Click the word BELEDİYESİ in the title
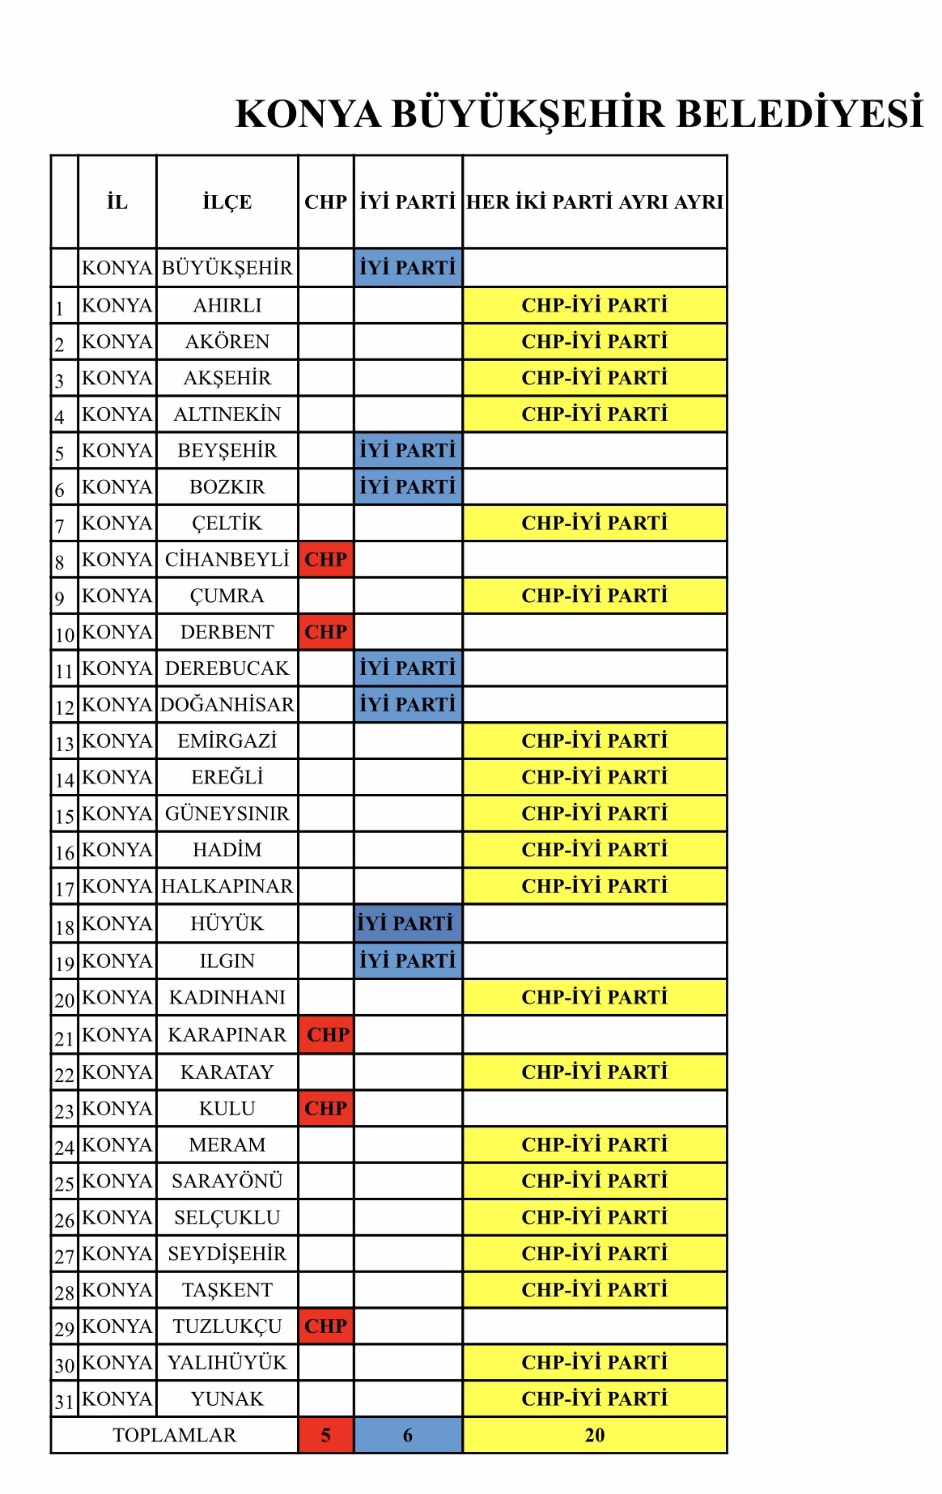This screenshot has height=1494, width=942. point(799,115)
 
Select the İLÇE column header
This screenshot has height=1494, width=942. point(227,202)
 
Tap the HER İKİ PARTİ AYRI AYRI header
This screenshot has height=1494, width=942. point(595,202)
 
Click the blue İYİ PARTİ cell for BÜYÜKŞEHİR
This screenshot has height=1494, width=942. point(408,268)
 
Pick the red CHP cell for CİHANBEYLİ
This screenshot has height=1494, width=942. point(326,560)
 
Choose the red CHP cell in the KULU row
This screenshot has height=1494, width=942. point(326,1109)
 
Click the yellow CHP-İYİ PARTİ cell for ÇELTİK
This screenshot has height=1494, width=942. point(595,524)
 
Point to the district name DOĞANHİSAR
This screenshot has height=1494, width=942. point(227,705)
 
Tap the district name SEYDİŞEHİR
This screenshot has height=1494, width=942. point(227,1254)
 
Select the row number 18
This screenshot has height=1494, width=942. point(65,927)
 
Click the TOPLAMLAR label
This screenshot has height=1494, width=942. point(175,1436)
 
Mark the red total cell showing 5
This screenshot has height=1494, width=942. point(326,1436)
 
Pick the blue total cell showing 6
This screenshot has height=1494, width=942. point(408,1436)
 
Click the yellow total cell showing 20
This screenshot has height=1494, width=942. point(595,1436)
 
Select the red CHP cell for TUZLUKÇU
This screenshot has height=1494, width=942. point(326,1326)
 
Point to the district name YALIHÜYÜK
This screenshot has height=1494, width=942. point(227,1363)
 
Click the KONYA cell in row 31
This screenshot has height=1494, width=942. point(117,1399)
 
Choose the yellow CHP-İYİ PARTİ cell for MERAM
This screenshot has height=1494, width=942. point(595,1145)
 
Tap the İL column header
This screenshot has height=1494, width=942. point(117,202)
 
